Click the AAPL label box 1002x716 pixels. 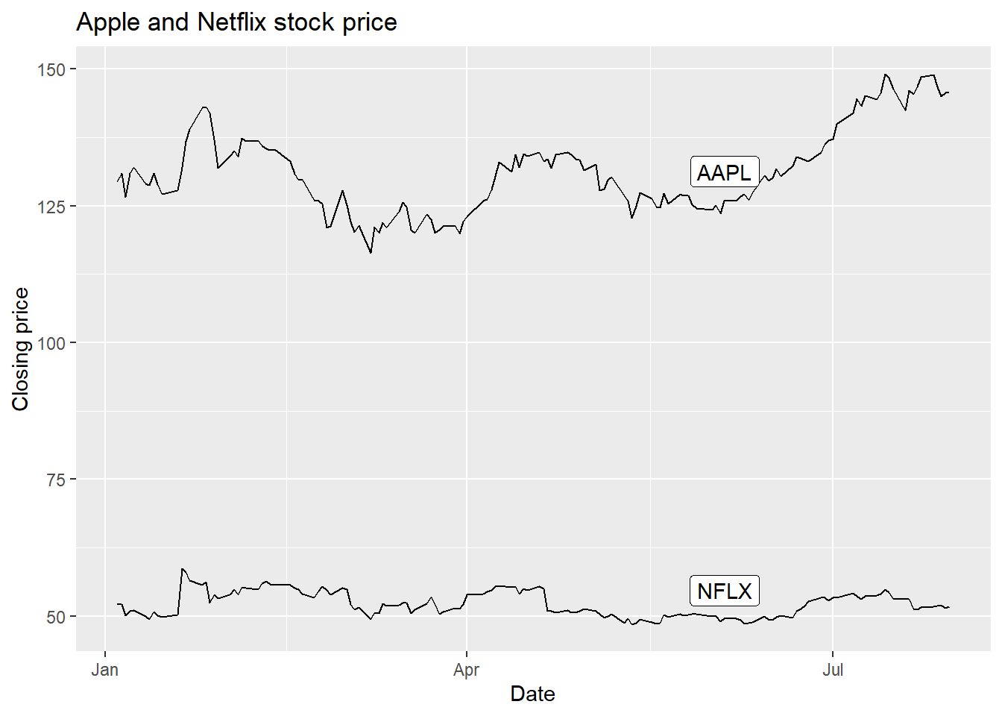pos(724,172)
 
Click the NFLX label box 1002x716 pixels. pos(724,591)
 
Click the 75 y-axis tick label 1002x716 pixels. pos(56,480)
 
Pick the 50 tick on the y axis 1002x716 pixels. pos(56,617)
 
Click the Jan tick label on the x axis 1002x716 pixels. pos(105,670)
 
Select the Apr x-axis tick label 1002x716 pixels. pos(466,670)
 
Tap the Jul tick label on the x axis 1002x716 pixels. pos(832,670)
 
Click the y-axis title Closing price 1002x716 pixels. pos(21,349)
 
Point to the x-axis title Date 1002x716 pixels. pos(532,694)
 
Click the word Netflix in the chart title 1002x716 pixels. pos(232,22)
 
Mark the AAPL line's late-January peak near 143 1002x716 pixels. pos(205,107)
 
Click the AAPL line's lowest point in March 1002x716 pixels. pos(371,253)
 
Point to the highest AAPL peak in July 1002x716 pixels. pos(885,75)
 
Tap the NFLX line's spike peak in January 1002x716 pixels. pos(182,569)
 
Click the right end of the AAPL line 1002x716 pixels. pos(948,92)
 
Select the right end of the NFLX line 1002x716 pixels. pos(948,607)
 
